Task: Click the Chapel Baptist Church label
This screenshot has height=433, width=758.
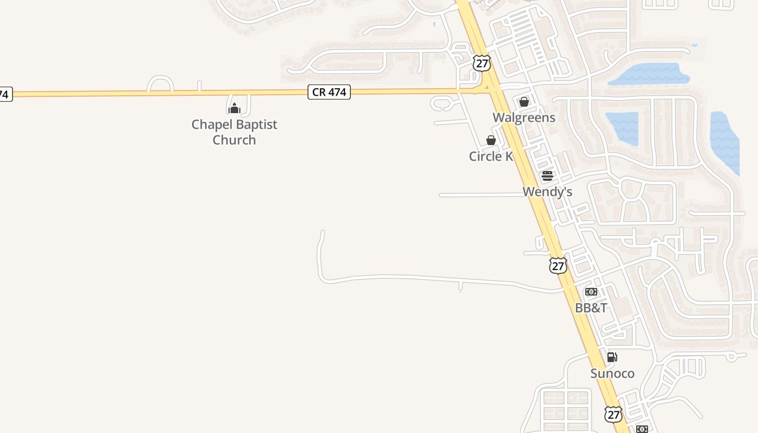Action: coord(234,132)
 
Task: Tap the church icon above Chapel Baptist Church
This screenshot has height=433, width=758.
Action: coord(234,108)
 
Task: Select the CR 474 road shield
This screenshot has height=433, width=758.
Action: coord(329,92)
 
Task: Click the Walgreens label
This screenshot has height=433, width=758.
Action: coord(524,117)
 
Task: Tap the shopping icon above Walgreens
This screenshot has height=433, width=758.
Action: coord(524,102)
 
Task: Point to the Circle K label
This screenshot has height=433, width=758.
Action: coord(491,156)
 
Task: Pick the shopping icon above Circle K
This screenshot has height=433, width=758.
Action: coord(491,141)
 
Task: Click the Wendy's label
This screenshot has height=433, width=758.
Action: coord(547,192)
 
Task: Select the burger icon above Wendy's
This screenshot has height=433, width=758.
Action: coord(547,176)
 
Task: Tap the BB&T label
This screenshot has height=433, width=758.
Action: coord(591,308)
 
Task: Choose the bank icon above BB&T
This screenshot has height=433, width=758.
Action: coord(591,292)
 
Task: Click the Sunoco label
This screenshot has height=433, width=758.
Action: coord(612,373)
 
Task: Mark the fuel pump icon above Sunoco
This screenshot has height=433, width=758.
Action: coord(612,357)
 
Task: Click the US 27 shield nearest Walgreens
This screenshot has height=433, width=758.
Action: coord(481,63)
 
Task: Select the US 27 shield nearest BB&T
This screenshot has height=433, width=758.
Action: coord(558,265)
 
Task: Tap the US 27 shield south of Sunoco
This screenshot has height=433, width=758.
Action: coord(613,415)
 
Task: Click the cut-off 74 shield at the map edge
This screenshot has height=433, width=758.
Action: coord(5,94)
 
